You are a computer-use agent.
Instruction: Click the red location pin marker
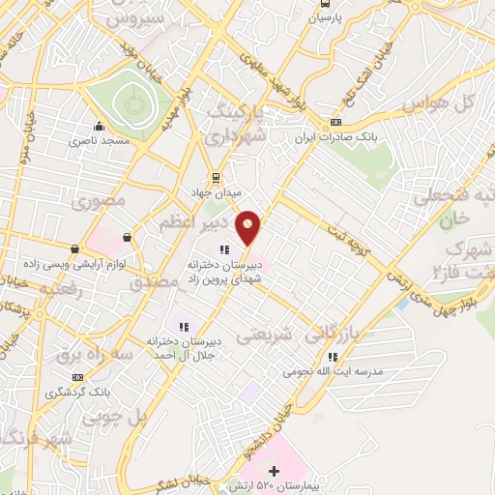(x=249, y=226)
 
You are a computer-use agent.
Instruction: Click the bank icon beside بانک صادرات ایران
(x=335, y=122)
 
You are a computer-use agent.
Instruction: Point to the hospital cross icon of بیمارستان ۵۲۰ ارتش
(x=275, y=470)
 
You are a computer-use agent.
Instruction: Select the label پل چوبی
(x=111, y=419)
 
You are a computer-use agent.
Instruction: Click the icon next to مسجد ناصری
(x=98, y=126)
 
